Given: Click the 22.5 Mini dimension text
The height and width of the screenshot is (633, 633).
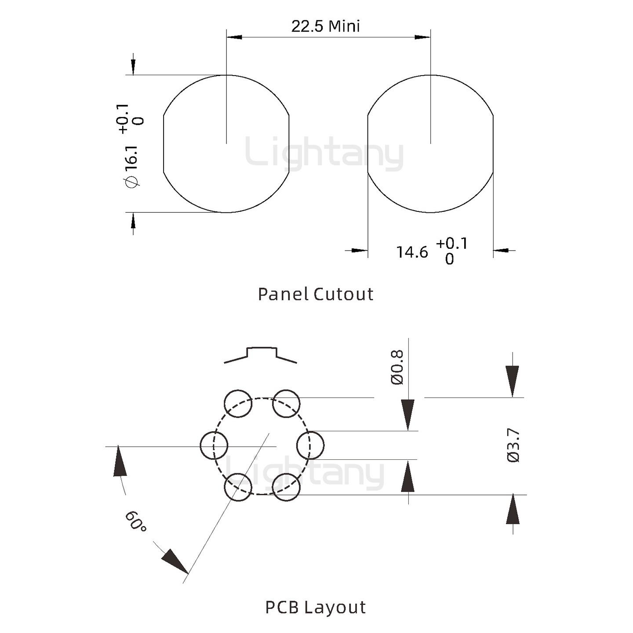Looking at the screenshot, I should (x=325, y=26).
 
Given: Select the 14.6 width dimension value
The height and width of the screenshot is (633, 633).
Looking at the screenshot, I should (x=412, y=252).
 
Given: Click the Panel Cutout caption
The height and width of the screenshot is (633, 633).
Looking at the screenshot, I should (x=316, y=294).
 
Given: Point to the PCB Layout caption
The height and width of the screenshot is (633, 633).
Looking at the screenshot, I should (x=316, y=608).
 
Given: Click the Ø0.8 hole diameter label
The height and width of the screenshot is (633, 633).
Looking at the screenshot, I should (x=397, y=367).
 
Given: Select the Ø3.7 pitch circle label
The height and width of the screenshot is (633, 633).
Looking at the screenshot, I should (x=513, y=445).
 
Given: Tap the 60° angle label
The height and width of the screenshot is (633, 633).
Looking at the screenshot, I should (x=135, y=521).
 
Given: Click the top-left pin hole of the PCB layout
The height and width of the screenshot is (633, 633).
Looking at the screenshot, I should (x=238, y=404).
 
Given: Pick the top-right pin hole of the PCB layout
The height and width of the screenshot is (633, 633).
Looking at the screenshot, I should (x=286, y=404).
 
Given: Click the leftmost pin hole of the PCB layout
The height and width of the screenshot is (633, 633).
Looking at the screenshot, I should (x=214, y=445).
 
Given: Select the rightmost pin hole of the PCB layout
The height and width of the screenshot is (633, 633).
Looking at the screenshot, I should (x=310, y=445).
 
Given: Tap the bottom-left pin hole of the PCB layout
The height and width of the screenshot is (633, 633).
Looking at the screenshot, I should (x=238, y=487).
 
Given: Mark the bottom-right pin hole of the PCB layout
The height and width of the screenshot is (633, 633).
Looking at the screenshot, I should (x=286, y=487).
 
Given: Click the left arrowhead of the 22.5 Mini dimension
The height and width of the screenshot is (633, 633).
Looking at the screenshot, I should (x=234, y=37).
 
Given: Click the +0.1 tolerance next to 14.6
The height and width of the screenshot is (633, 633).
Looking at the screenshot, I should (x=452, y=244).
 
